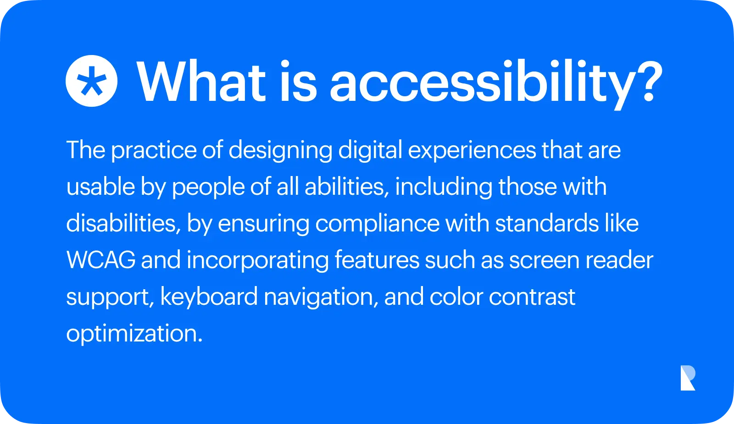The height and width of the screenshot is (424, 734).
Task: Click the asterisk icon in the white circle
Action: (91, 81)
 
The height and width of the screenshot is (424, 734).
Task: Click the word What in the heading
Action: (201, 82)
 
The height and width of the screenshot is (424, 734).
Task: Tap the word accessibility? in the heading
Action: (495, 83)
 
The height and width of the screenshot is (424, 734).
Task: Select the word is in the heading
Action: (298, 82)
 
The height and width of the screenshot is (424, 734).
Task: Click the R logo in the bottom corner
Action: (688, 378)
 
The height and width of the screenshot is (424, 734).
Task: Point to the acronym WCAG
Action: (101, 260)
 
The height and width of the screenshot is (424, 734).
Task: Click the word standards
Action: (547, 224)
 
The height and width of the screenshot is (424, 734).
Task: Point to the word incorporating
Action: (257, 260)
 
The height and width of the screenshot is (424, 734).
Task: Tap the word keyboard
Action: (209, 297)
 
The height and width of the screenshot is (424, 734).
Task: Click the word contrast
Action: (532, 297)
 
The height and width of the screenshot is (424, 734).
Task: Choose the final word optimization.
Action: (134, 334)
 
